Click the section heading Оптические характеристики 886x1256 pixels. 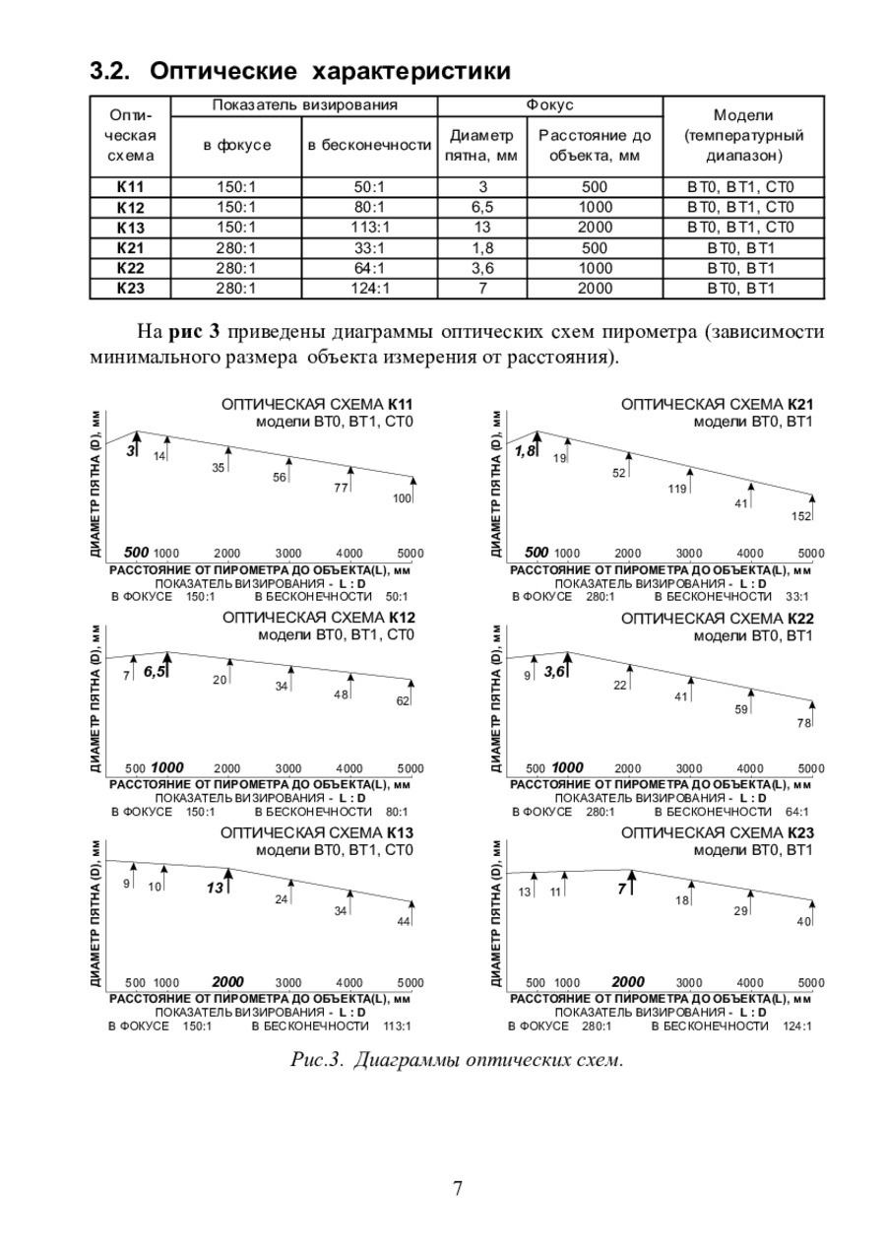point(300,71)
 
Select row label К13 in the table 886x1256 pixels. point(130,228)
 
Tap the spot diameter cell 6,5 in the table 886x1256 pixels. point(482,207)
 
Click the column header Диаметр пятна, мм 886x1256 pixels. point(482,145)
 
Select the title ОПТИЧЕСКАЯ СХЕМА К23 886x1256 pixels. point(717,832)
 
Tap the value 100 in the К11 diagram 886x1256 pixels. point(402,498)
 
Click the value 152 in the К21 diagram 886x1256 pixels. point(801,517)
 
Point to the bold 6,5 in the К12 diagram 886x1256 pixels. point(155,672)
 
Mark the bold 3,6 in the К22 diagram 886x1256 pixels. point(555,672)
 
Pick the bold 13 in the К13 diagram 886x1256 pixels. point(215,888)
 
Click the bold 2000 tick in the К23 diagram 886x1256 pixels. point(628,982)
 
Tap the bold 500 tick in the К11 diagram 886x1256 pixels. point(136,552)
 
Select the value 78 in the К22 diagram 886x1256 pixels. point(803,723)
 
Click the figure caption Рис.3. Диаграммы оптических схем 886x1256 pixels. point(457,1060)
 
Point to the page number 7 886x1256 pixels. point(458,1188)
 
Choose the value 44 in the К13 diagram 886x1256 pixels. point(404,921)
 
